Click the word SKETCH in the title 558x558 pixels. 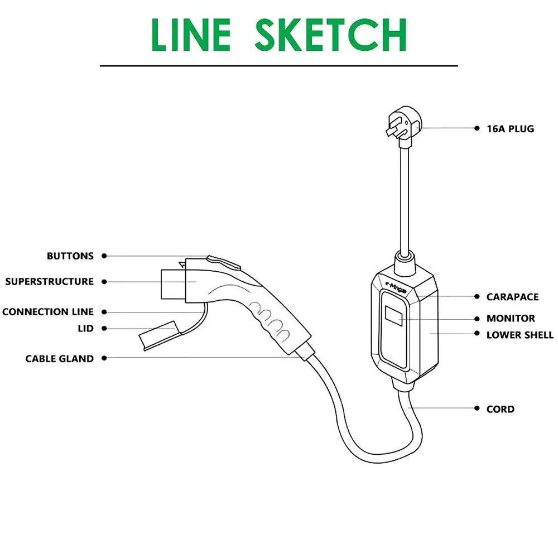tap(330, 35)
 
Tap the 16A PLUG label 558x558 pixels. tap(510, 129)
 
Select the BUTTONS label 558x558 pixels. tap(70, 256)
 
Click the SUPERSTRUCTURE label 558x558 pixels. tap(49, 282)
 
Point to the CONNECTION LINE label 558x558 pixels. tap(48, 312)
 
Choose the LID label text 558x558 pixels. tap(85, 329)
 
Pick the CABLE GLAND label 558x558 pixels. tap(60, 359)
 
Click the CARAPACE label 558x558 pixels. tap(512, 297)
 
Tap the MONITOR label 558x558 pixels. tap(511, 319)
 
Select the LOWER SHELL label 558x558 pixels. tap(520, 335)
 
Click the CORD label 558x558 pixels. tap(501, 409)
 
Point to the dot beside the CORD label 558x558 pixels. tap(477, 408)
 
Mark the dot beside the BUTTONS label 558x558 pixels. tap(104, 256)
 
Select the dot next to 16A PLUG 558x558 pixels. tap(477, 128)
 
